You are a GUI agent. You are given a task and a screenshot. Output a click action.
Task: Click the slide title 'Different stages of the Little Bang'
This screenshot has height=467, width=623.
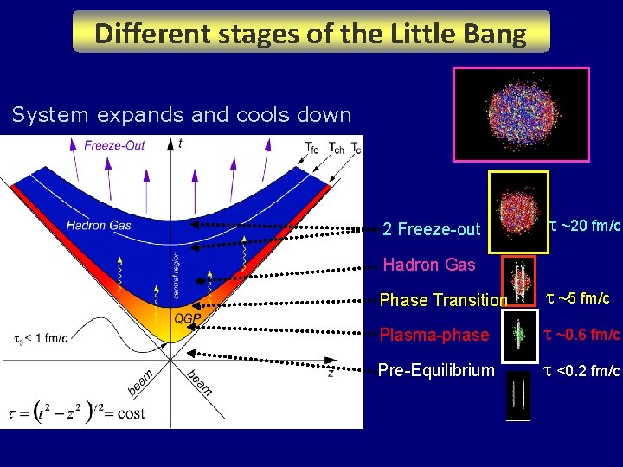(x=311, y=33)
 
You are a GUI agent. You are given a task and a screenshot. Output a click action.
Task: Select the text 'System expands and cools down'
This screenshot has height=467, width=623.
(x=182, y=114)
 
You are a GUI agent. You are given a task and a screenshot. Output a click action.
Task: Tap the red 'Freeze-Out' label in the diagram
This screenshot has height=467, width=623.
(x=114, y=145)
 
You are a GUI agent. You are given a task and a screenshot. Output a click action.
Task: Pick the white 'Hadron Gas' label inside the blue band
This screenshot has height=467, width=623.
(x=99, y=226)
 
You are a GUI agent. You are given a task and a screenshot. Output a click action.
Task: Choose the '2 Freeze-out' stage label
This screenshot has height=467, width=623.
(x=431, y=229)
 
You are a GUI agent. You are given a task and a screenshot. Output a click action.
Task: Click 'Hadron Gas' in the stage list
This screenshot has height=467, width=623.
(x=428, y=265)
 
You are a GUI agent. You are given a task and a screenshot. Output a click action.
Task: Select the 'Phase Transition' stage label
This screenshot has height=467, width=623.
(x=443, y=300)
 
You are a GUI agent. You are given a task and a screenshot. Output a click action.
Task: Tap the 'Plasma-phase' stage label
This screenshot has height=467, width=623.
(x=434, y=335)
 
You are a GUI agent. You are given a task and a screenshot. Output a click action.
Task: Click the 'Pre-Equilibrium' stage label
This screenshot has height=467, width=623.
(x=436, y=370)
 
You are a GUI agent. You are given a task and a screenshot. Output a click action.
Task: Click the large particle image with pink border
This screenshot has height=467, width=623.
(x=521, y=115)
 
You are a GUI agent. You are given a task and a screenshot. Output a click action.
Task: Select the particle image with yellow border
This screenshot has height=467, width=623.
(x=518, y=213)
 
